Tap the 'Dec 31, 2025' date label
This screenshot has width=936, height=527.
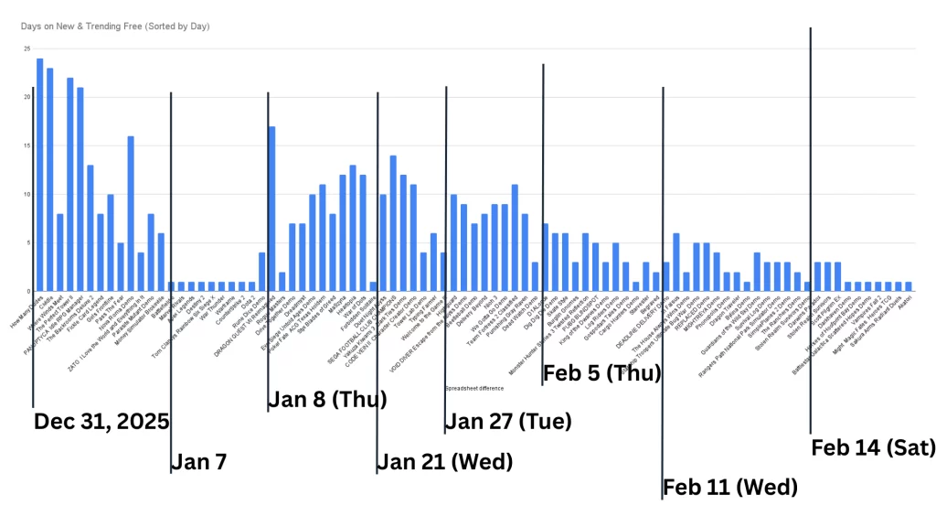click(x=101, y=422)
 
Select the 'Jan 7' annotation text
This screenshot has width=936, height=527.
click(x=200, y=462)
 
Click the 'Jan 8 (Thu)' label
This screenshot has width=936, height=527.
click(x=327, y=400)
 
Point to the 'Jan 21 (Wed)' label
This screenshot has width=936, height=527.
click(x=445, y=462)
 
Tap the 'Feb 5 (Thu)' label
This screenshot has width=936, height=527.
click(x=602, y=372)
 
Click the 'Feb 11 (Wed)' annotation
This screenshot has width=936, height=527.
click(x=730, y=487)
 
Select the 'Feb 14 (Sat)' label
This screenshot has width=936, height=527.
click(x=873, y=447)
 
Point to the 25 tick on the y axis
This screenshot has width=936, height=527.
click(x=27, y=48)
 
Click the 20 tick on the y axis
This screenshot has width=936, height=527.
click(x=27, y=97)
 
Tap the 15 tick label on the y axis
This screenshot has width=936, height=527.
click(x=27, y=145)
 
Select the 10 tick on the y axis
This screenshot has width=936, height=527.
click(x=27, y=194)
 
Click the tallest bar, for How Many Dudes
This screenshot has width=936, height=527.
click(x=39, y=174)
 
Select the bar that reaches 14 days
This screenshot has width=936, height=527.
click(x=393, y=223)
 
